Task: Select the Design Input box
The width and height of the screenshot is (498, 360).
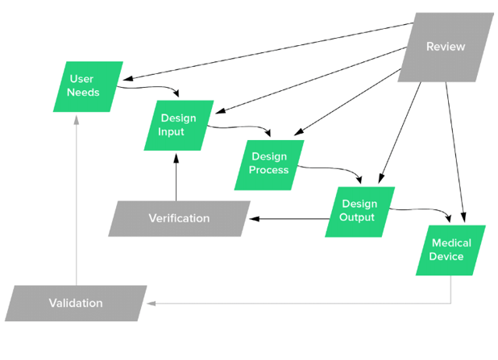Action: (x=178, y=125)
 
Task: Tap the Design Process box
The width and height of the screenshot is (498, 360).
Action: (x=269, y=163)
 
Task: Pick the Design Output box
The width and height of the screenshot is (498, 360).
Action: (x=359, y=211)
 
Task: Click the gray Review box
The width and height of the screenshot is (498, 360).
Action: (x=446, y=47)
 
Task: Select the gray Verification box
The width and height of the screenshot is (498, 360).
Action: (x=179, y=218)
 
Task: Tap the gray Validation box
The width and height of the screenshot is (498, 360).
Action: (x=76, y=303)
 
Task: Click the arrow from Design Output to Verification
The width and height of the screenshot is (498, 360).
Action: (x=290, y=217)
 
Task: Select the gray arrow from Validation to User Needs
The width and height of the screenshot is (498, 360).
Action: (x=77, y=201)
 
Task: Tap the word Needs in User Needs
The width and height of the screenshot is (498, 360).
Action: (x=84, y=93)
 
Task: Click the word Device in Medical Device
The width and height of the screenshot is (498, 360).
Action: (x=446, y=256)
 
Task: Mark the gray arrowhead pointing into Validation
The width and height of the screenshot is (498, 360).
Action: (x=150, y=303)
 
